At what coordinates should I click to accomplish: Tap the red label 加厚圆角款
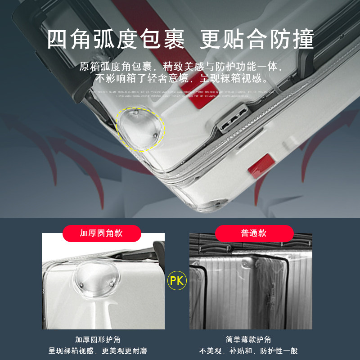(x=101, y=233)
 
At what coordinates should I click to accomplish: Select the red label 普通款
(x=254, y=233)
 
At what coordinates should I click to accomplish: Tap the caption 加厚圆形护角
(x=98, y=340)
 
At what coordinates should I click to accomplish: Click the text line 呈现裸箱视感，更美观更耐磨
(x=98, y=351)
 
